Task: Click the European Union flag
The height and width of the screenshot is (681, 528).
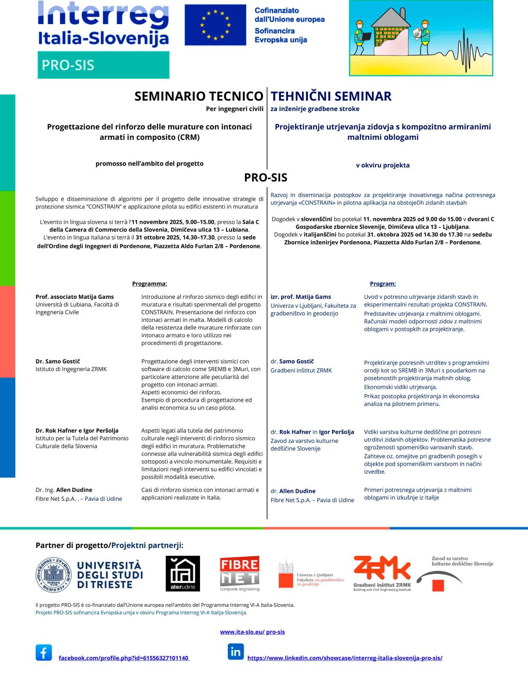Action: pos(215,25)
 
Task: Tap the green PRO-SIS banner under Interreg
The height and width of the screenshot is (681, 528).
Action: pos(103,65)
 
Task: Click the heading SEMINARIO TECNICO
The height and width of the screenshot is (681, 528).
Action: pos(199,96)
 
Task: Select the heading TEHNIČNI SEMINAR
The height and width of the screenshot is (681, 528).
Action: pos(331,96)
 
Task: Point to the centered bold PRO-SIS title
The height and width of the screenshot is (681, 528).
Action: pos(265,178)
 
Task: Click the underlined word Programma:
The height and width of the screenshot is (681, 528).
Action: pos(149,284)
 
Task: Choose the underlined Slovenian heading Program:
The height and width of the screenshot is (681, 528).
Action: pos(383,284)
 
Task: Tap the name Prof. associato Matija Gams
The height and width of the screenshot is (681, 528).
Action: pos(75,297)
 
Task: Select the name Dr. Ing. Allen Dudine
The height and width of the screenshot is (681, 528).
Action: pos(64,490)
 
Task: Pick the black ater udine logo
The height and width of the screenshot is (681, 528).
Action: pos(183,574)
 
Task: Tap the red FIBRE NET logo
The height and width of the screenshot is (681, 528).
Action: pos(239,573)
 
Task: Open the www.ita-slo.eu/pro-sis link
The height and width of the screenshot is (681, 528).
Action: pos(252,632)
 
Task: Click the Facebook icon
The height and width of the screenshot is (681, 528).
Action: pos(44,653)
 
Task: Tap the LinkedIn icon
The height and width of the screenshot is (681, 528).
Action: pos(236,652)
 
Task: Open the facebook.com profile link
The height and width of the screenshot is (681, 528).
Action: pos(124,658)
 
